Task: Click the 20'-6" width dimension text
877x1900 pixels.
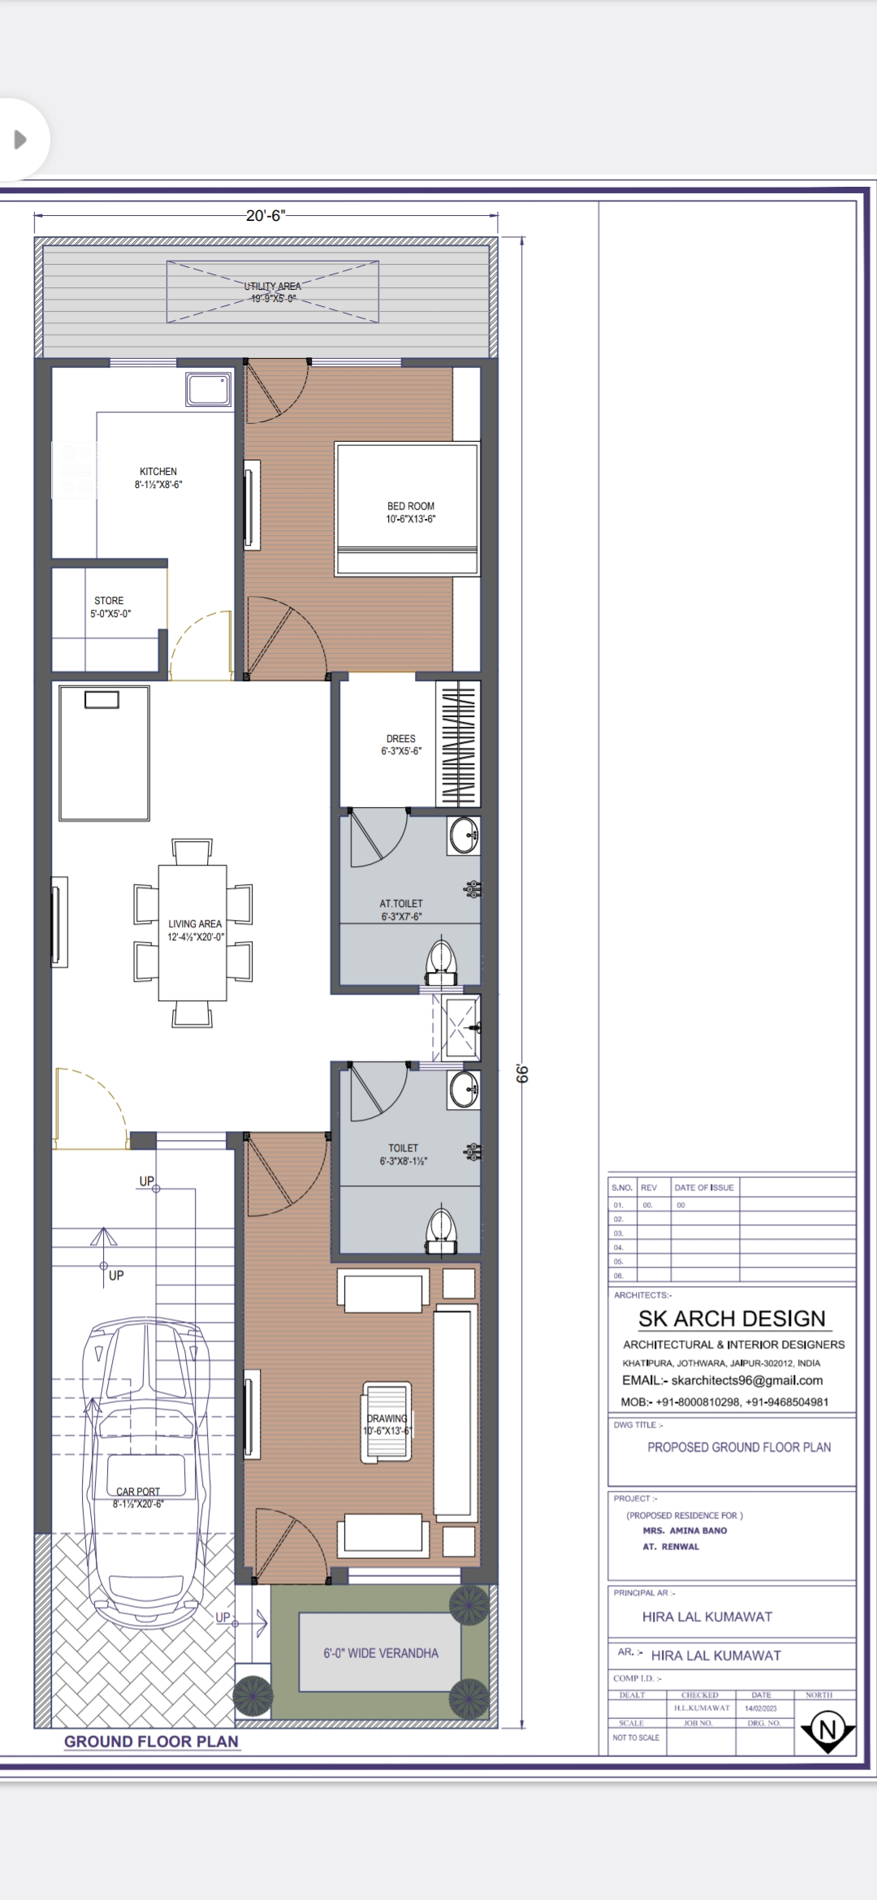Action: point(266,215)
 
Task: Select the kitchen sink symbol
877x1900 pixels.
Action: point(209,389)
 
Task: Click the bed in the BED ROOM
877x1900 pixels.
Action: point(407,508)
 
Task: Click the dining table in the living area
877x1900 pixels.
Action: point(192,932)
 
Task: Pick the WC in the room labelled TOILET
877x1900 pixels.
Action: point(441,1231)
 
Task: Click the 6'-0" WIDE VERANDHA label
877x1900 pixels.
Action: point(381,1652)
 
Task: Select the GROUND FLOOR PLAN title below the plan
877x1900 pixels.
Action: point(151,1741)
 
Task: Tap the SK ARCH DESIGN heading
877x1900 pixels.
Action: point(732,1318)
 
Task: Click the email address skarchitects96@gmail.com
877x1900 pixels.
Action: point(746,1380)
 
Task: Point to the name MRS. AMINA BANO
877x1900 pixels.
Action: point(685,1531)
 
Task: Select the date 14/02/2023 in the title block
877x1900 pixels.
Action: point(760,1708)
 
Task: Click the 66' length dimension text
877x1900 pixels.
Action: point(522,1073)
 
